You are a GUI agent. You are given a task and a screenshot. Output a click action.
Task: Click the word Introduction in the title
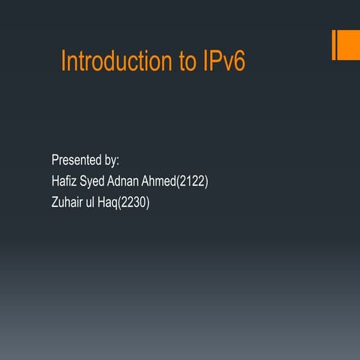(118, 61)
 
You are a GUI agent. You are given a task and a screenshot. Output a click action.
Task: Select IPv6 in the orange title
(223, 61)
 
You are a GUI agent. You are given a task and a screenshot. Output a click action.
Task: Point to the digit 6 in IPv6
(239, 61)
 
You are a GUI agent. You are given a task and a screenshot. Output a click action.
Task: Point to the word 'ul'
(96, 202)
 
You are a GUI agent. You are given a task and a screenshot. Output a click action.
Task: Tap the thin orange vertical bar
(334, 45)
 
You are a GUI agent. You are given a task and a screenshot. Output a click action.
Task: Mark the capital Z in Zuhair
(55, 202)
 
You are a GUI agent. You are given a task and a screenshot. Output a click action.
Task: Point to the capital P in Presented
(55, 160)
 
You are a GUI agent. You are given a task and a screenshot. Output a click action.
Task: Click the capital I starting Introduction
(63, 61)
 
